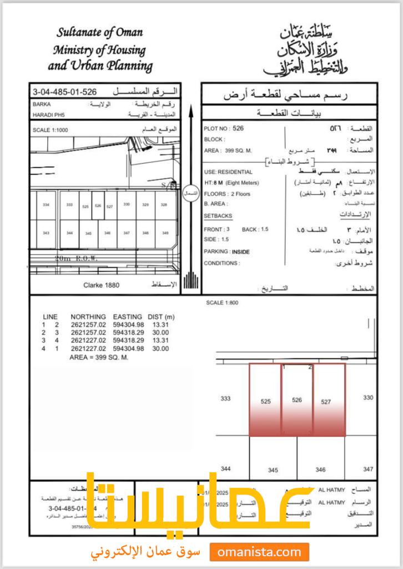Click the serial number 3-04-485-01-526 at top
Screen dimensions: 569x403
65,92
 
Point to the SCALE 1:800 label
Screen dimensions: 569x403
221,303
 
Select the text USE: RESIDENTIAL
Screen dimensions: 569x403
228,172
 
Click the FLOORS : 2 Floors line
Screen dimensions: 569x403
227,194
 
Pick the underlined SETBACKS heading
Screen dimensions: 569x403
218,216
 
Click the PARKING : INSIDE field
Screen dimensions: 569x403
226,252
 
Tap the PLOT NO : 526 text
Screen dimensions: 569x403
224,128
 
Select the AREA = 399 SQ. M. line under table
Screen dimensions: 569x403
99,357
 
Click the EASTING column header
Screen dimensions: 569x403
127,317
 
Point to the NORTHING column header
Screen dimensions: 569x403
88,317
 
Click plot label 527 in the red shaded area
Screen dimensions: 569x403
326,402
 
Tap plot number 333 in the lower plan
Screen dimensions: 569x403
225,398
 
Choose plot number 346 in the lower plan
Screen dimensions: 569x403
320,470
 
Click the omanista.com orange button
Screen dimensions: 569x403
259,552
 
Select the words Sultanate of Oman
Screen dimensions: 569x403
99,33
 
